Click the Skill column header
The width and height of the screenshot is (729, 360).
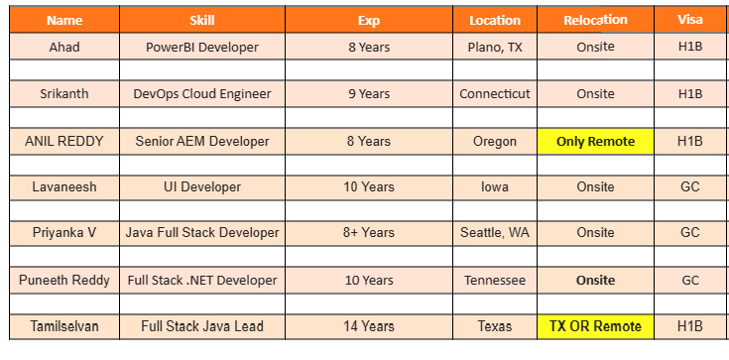coord(201,20)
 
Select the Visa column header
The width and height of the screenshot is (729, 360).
coord(689,20)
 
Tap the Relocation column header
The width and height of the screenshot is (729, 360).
coord(595,20)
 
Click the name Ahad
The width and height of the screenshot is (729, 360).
coord(64,47)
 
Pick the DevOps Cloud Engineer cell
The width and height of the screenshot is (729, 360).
coord(201,94)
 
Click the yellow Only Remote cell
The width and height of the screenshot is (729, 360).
coord(595,141)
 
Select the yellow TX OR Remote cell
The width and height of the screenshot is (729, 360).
coord(595,326)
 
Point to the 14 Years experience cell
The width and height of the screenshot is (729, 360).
coord(368,326)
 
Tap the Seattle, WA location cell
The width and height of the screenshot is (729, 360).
coord(495,233)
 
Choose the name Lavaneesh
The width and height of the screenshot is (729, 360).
coord(64,186)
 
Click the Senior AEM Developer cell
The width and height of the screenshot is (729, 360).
coord(201,141)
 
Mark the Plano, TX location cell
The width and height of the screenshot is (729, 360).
coord(495,47)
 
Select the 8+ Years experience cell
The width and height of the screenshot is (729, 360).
coord(368,233)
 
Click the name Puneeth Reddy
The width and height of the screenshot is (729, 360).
coord(64,281)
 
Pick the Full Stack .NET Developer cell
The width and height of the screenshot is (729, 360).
coord(201,281)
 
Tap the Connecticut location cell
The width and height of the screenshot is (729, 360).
coord(495,94)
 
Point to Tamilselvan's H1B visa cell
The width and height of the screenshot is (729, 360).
coord(689,326)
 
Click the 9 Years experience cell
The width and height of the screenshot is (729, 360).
coord(368,94)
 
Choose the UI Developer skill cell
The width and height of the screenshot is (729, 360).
coord(201,186)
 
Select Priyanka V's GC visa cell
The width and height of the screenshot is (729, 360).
coord(689,233)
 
